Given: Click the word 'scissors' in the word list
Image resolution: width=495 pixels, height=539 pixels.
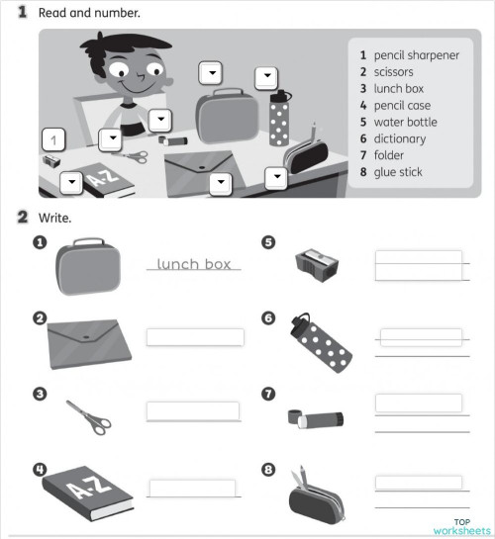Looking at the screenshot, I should (393, 72).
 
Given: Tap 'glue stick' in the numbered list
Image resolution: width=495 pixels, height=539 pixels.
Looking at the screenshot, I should (397, 172).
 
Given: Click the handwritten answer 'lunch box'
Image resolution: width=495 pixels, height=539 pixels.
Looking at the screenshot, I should (194, 264).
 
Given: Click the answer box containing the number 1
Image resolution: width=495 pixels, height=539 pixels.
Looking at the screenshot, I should (54, 138).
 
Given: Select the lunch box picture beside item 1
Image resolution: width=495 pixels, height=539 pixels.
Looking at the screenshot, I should (88, 267).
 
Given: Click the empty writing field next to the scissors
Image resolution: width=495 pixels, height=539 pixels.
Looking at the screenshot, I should (193, 410).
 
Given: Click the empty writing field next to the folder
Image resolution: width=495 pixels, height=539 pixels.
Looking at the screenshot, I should (194, 337).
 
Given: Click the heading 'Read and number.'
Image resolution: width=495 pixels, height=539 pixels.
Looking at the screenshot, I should (88, 13).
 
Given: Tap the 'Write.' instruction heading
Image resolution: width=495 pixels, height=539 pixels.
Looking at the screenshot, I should (55, 217).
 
